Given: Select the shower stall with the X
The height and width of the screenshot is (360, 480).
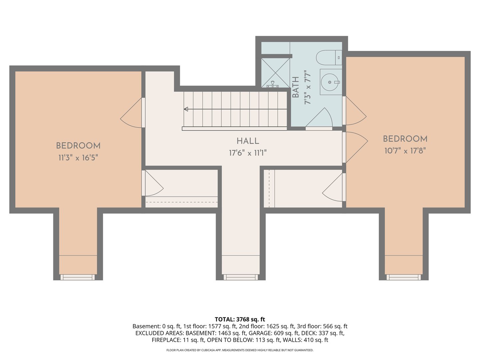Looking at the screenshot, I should coord(275,73).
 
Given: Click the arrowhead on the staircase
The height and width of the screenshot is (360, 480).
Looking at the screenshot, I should coord(186,109).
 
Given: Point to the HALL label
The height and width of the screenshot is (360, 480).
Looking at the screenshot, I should coord(248,141).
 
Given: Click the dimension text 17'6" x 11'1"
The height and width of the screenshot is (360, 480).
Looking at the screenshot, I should coord(248,153).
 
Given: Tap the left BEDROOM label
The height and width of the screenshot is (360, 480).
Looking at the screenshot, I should coord(78,146).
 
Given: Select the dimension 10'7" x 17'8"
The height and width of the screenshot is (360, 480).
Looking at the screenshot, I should coord(405,151).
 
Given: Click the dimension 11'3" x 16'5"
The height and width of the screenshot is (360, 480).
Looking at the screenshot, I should coord(78,158).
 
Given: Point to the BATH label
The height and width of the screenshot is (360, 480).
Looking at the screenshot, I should coord(295,87).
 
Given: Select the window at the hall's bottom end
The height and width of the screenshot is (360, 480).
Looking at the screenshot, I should coord(241,277).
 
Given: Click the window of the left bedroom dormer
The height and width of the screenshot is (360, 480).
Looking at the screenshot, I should coord(78,277).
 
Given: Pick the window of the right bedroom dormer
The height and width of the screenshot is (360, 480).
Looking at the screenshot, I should coord(404,277).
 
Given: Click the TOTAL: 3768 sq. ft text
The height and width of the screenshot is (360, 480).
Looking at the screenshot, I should coord(240,319).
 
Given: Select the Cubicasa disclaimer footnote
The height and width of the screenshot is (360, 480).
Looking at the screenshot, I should coord(240,350).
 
